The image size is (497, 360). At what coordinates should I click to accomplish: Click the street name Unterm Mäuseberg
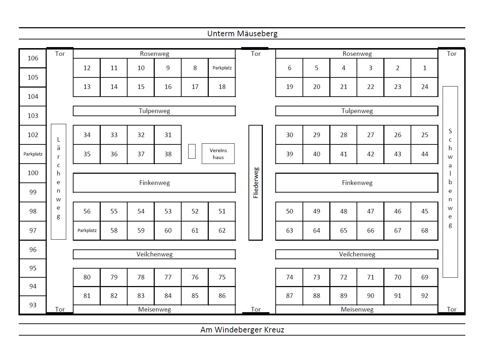coord(242,33)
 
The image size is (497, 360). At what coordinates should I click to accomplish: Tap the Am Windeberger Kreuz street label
coord(242,330)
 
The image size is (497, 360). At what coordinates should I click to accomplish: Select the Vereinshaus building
coord(218,154)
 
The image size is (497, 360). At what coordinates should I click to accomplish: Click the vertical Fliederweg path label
coord(256,183)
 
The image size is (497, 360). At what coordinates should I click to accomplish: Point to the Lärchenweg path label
coord(59,178)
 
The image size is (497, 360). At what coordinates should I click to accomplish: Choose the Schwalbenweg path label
coord(450,178)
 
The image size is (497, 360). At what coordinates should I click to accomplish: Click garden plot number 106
coord(33,58)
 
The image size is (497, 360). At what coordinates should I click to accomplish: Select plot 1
coord(425,68)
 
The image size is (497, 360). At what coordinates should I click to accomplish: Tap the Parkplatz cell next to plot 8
coord(222,68)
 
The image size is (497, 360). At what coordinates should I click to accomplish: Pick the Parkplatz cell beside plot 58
coord(87,231)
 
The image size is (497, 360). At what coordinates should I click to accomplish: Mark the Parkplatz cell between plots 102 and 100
coord(33,154)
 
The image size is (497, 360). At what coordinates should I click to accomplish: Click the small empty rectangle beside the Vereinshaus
coord(192,151)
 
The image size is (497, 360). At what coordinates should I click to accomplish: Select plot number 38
coord(168,154)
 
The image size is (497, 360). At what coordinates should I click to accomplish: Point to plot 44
coord(425,154)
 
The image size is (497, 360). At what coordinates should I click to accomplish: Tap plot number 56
coord(87,211)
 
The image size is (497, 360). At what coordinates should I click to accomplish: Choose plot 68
coord(425,231)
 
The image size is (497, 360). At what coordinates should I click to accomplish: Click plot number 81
coord(87,296)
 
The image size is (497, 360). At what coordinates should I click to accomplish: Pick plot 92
coord(425,296)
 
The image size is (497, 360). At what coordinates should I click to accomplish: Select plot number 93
coord(33,305)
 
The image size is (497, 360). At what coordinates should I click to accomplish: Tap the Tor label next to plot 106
coord(60,54)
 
